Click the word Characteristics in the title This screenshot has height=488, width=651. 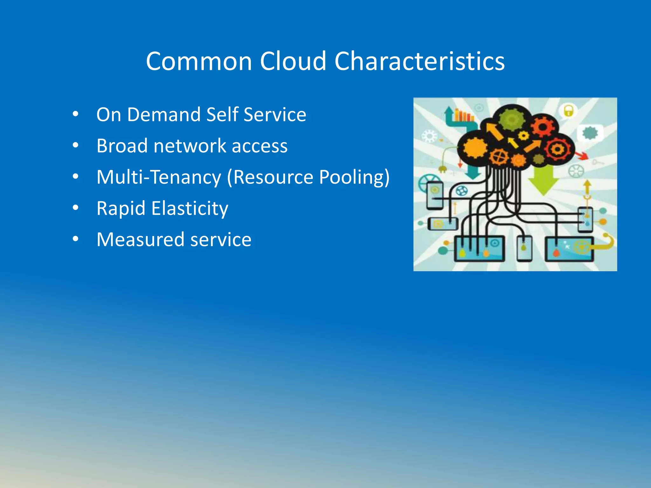419,61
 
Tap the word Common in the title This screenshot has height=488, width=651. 199,61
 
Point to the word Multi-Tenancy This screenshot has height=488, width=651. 159,177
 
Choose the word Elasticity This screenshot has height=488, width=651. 189,208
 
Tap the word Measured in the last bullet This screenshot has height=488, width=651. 140,240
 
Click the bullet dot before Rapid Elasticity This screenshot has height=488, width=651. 75,208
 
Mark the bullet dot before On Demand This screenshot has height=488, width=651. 75,114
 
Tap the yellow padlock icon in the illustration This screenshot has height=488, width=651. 568,111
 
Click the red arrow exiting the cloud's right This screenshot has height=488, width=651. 582,156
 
